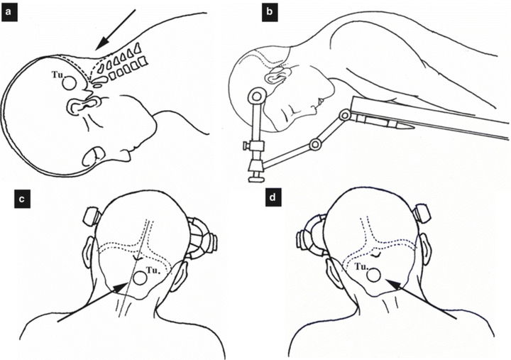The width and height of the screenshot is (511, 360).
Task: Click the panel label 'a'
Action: pos(9,9)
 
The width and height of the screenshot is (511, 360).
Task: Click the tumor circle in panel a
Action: pos(70,83)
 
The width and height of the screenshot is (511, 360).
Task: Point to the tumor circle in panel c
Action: pos(140,278)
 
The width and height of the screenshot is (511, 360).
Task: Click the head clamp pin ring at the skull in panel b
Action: pos(255,94)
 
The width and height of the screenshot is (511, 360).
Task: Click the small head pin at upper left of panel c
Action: pos(91,214)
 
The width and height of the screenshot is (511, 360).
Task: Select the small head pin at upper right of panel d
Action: pos(422,211)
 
